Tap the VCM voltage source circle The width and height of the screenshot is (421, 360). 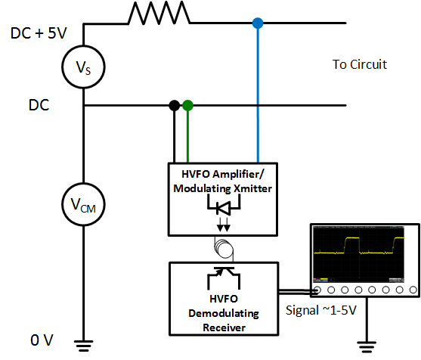click(83, 205)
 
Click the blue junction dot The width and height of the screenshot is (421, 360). click(258, 24)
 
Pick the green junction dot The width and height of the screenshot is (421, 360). click(188, 105)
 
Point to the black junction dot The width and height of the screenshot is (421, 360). click(175, 105)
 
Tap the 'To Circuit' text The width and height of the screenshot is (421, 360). click(360, 64)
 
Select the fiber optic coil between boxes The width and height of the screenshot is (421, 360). click(224, 247)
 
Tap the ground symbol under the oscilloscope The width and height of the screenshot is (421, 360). click(367, 347)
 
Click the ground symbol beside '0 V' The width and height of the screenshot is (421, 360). click(83, 346)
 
